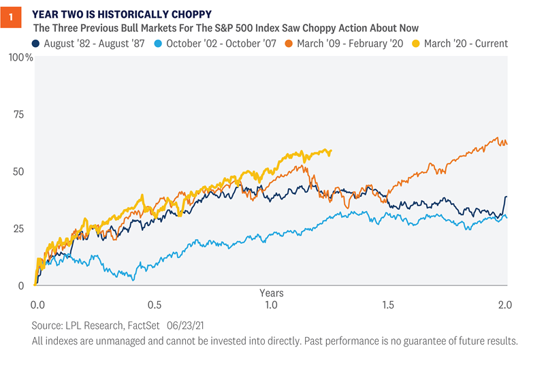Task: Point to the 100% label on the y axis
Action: (20, 57)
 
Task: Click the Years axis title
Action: (272, 292)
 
